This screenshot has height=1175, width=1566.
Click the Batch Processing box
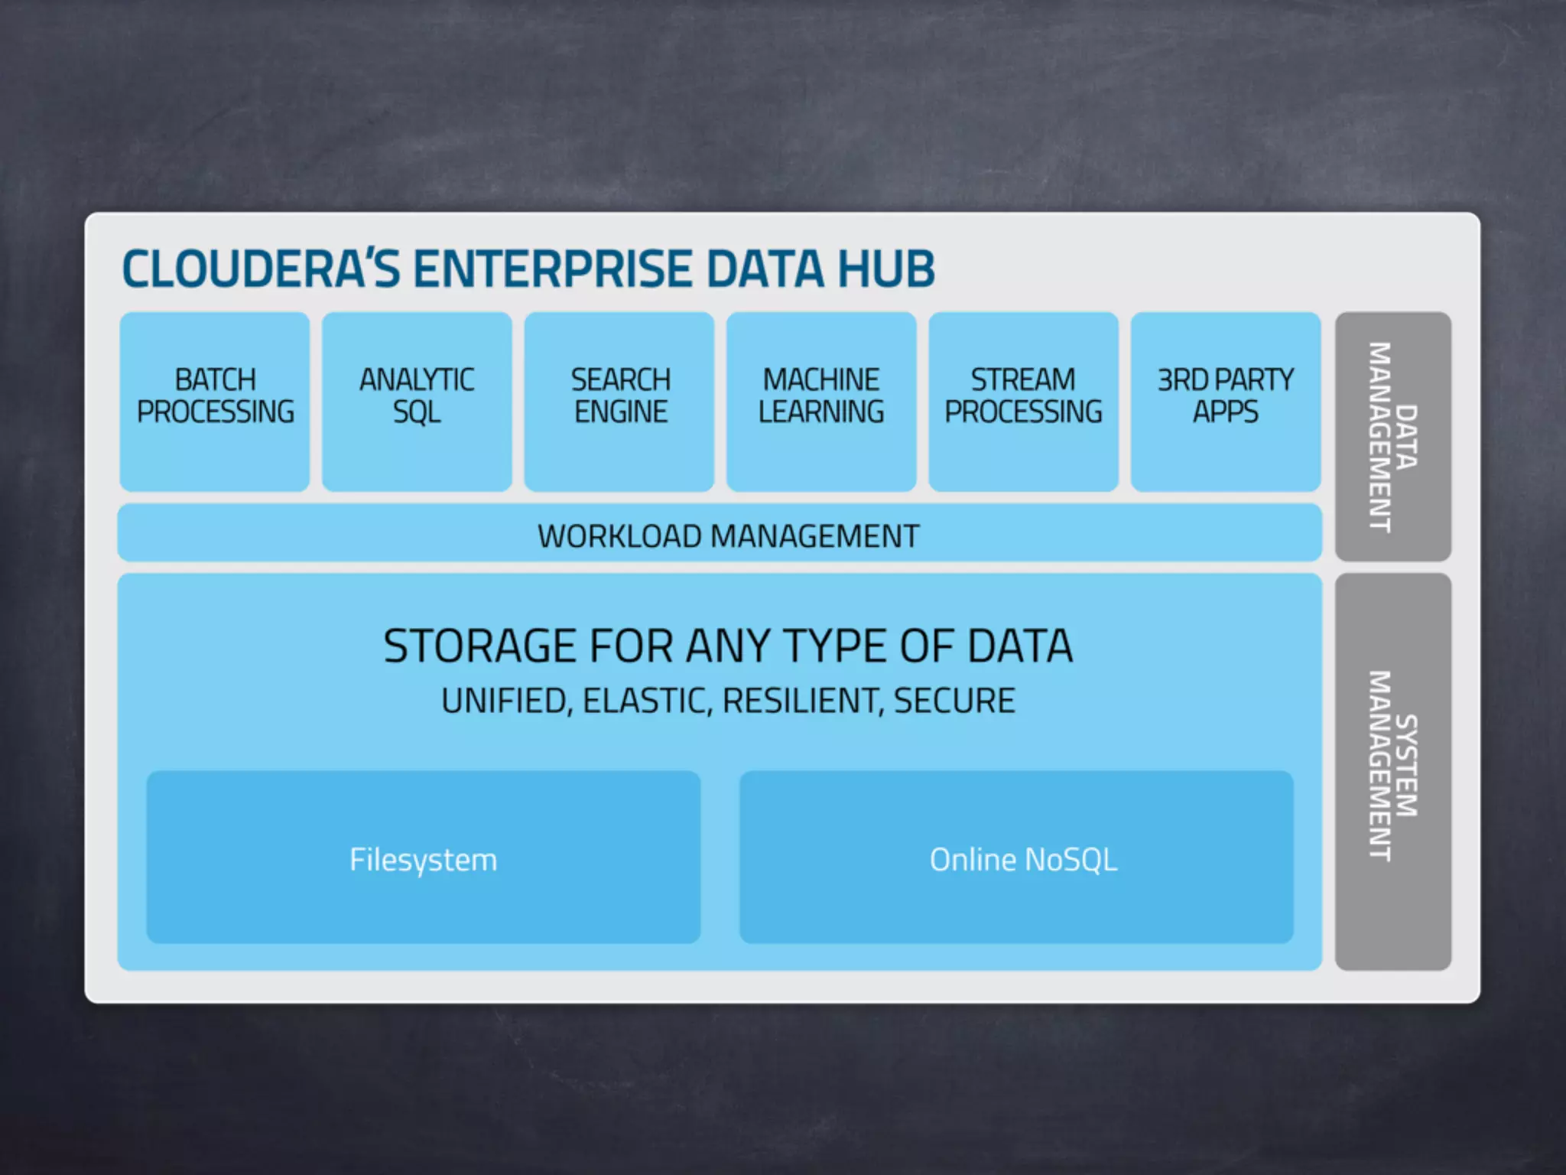[x=215, y=401]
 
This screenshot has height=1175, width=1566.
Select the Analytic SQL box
[x=417, y=401]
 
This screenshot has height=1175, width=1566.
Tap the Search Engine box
[x=619, y=401]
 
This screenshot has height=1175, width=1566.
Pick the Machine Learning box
[x=821, y=401]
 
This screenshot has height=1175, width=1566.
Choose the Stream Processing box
[x=1023, y=401]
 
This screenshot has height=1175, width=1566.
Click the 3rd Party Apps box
[x=1225, y=401]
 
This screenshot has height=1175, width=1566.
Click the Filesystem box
[x=423, y=858]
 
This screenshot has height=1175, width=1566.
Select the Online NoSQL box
[x=1016, y=858]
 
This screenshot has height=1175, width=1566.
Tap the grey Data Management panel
[x=1392, y=436]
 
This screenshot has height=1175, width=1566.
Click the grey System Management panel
[x=1392, y=771]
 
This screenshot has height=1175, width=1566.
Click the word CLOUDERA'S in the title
[x=261, y=269]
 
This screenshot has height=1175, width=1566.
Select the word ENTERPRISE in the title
[x=554, y=269]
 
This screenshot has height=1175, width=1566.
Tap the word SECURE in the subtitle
[x=954, y=701]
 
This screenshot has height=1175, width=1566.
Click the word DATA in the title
[x=765, y=269]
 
